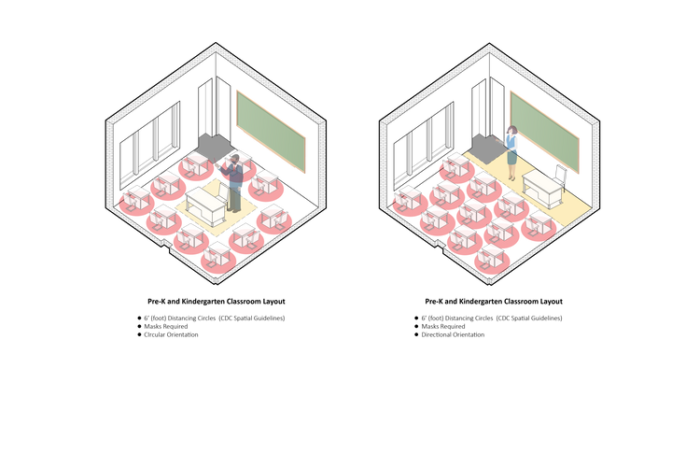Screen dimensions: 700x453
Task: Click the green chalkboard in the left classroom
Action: (x=271, y=132)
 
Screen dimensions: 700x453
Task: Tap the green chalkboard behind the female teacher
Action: (x=544, y=131)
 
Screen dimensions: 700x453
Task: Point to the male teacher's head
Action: (x=235, y=161)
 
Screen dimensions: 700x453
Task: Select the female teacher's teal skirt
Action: (x=511, y=158)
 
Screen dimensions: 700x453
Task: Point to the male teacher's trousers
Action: (x=234, y=197)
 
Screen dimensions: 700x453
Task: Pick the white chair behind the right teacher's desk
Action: (x=560, y=174)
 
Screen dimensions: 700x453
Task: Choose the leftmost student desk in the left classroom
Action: (x=136, y=197)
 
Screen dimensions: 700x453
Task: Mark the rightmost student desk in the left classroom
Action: (x=273, y=217)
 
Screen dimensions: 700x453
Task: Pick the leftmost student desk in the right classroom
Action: (x=409, y=198)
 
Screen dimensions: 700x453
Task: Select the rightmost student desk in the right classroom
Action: (x=539, y=222)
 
